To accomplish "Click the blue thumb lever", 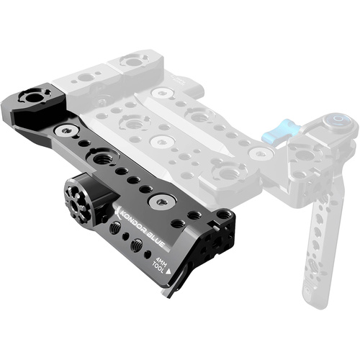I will pyautogui.click(x=278, y=132).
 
